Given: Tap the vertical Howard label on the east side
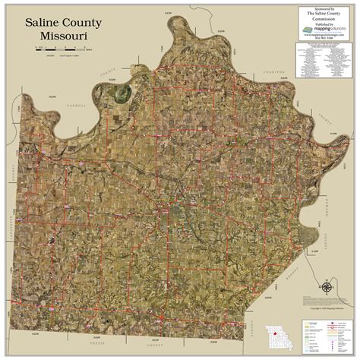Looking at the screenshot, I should tap(324, 243).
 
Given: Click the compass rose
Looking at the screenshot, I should tap(326, 288).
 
